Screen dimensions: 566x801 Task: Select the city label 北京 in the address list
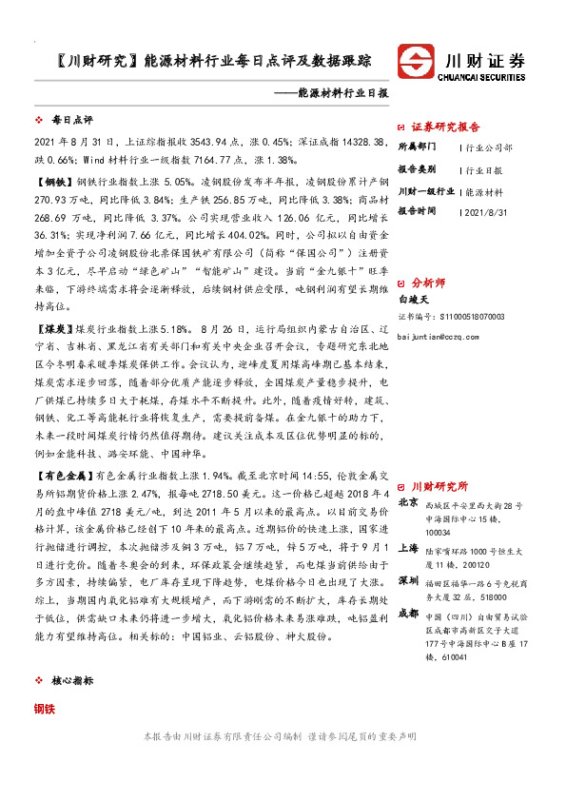[x=408, y=502]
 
